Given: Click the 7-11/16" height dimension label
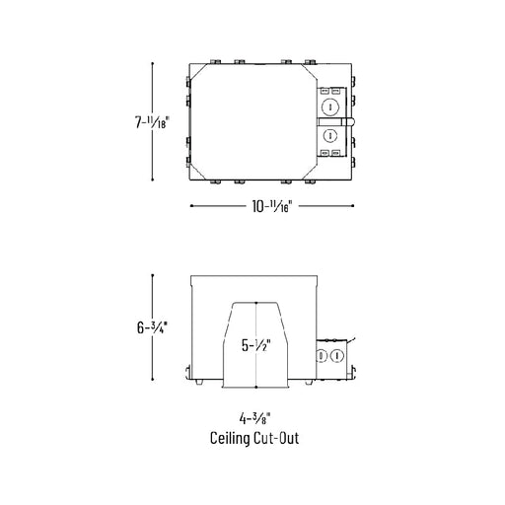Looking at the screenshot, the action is click(152, 122).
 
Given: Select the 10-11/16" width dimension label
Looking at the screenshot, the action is click(271, 206).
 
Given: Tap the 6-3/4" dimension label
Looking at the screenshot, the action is click(152, 327).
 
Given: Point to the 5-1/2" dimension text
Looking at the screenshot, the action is click(256, 345).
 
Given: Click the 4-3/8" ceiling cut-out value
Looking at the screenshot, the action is click(254, 418).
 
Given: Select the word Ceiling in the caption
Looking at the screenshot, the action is click(230, 439).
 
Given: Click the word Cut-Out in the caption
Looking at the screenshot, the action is click(276, 438).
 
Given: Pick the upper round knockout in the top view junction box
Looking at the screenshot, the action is click(329, 108).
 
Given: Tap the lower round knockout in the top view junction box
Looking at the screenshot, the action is click(330, 135).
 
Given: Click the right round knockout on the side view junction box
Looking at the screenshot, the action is click(336, 356).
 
